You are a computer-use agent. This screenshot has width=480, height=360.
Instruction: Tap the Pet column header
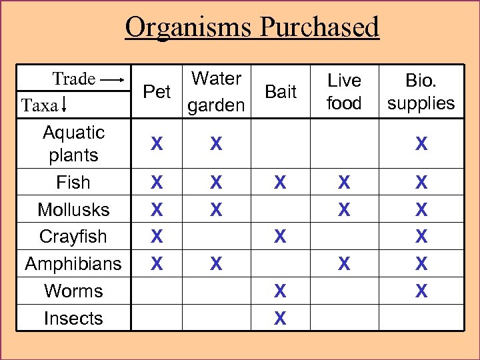(x=157, y=91)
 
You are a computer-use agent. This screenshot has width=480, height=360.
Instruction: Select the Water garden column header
(x=215, y=92)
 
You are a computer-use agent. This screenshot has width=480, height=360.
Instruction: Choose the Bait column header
(x=281, y=92)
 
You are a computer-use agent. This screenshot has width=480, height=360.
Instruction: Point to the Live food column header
(x=344, y=92)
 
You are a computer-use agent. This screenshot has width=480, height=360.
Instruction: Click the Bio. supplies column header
(x=421, y=92)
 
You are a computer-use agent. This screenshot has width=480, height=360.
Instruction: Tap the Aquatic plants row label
(x=73, y=143)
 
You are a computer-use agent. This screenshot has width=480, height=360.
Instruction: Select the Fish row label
(x=73, y=182)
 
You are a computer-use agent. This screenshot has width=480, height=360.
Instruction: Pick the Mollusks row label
(x=73, y=209)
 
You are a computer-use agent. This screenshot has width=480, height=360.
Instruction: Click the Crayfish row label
(x=73, y=237)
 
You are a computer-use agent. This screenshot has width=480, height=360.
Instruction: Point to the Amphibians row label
(x=73, y=264)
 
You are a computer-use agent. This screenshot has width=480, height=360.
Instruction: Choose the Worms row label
(x=73, y=291)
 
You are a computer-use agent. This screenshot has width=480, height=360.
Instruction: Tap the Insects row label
(x=73, y=319)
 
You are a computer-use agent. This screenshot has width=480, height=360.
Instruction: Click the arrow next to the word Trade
(x=111, y=79)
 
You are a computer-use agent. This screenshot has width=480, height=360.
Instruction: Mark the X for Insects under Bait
(x=281, y=319)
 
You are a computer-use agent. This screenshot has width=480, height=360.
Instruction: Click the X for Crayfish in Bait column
(x=281, y=237)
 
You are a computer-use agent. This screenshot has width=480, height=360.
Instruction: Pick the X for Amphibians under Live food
(x=344, y=264)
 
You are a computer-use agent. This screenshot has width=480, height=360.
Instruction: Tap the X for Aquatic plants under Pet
(x=157, y=143)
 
